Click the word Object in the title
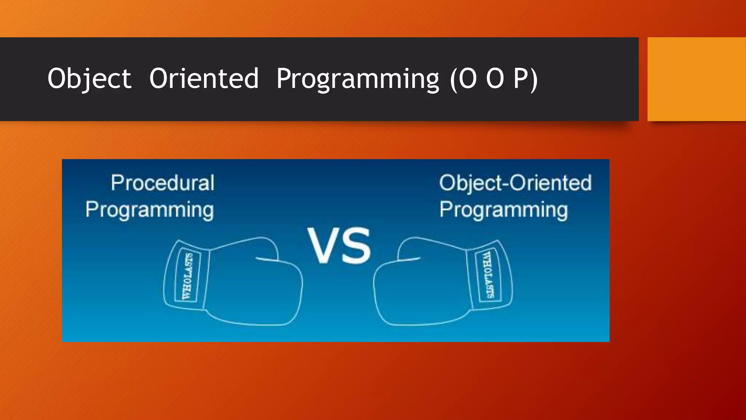(x=89, y=79)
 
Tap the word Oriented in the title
(x=204, y=79)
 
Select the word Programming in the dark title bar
(x=358, y=79)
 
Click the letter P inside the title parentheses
(x=521, y=79)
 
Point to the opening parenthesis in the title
(x=454, y=79)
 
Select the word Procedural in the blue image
(x=163, y=183)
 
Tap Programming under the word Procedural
(x=149, y=210)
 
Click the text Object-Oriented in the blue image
(x=515, y=183)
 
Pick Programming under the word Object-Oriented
(x=503, y=210)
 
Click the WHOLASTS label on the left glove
(x=187, y=276)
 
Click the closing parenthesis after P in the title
(x=534, y=79)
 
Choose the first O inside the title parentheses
(x=467, y=79)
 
